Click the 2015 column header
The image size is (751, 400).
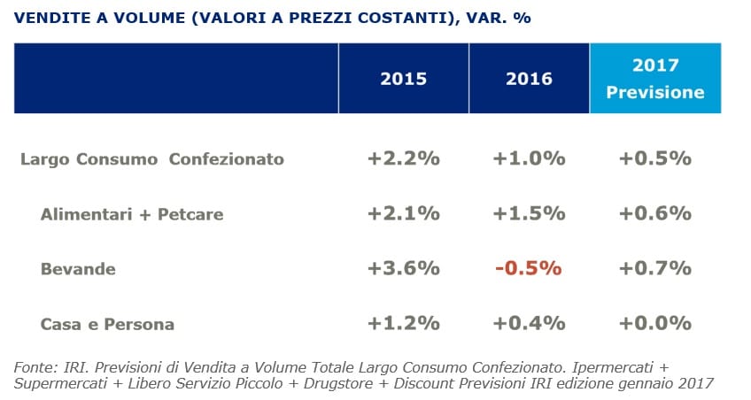[x=403, y=79]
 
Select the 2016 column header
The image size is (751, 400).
[x=530, y=79]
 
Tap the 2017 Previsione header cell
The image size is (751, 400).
[x=655, y=79]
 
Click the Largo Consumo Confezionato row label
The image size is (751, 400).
[x=152, y=159]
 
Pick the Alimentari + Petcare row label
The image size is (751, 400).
[x=132, y=214]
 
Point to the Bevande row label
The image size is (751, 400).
[x=78, y=269]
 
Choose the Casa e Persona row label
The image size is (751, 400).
[x=107, y=325]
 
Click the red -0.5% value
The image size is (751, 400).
[x=529, y=268]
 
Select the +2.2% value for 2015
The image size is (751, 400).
[x=403, y=158]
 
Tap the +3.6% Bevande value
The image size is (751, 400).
[x=403, y=268]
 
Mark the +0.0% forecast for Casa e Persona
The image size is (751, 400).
[x=655, y=323]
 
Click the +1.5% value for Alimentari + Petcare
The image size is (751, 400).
[x=530, y=213]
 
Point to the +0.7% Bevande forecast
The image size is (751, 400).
[x=655, y=268]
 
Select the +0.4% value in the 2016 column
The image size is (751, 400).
[x=530, y=323]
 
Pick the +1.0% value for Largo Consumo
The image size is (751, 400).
[x=530, y=158]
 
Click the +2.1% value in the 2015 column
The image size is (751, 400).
[x=403, y=213]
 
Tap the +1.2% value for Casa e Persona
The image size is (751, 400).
[x=403, y=323]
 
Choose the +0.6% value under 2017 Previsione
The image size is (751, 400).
[x=655, y=213]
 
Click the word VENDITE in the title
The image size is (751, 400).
[x=51, y=18]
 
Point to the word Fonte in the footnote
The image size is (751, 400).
[x=35, y=367]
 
